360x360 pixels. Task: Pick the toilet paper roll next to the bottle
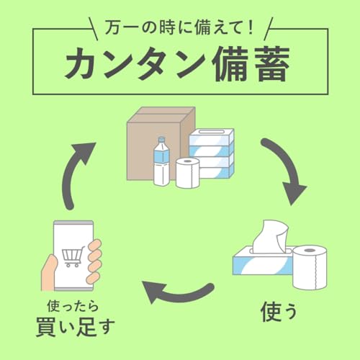pyautogui.click(x=187, y=173)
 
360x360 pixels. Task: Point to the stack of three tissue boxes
pyautogui.click(x=211, y=154)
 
